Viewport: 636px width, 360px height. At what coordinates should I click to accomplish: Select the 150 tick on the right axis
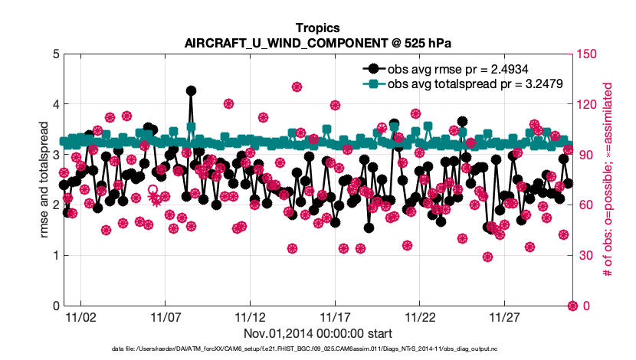pos(587,54)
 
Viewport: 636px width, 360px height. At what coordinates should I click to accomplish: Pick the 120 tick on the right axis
pos(587,104)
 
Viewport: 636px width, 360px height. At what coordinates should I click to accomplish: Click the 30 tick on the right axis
pos(585,255)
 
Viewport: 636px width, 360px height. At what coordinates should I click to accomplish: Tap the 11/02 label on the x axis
pos(80,317)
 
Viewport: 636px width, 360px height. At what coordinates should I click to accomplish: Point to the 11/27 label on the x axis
pos(503,317)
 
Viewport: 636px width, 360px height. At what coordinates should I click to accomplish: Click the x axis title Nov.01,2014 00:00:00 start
pos(318,333)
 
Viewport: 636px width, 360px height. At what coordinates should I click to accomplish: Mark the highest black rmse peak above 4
pos(191,90)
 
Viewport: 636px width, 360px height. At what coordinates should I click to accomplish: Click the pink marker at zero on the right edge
pos(572,306)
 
